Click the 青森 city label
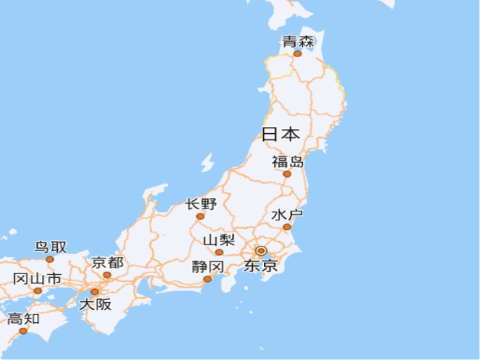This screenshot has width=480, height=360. (x=298, y=42)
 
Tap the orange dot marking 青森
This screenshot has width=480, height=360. (x=298, y=53)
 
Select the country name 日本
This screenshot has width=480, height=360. (x=281, y=134)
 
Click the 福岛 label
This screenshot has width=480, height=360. (x=288, y=162)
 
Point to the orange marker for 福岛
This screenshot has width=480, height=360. (x=287, y=174)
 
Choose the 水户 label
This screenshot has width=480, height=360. (x=287, y=215)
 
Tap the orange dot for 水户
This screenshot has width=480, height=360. (x=287, y=227)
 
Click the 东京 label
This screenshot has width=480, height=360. (x=261, y=265)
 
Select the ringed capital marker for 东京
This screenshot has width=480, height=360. (x=261, y=250)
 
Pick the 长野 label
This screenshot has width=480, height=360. (x=201, y=204)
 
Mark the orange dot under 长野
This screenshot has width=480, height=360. (x=200, y=216)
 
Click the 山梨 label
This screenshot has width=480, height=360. (x=219, y=241)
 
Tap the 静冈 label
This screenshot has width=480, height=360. (x=208, y=266)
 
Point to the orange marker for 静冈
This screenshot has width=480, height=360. (x=208, y=279)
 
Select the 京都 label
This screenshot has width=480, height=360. (x=107, y=263)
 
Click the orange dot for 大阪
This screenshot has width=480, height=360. (x=95, y=292)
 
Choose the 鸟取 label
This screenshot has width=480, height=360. (x=51, y=247)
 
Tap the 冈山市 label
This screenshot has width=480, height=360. (x=37, y=279)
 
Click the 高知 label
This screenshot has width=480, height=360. (x=23, y=319)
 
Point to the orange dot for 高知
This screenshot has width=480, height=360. (x=23, y=331)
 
